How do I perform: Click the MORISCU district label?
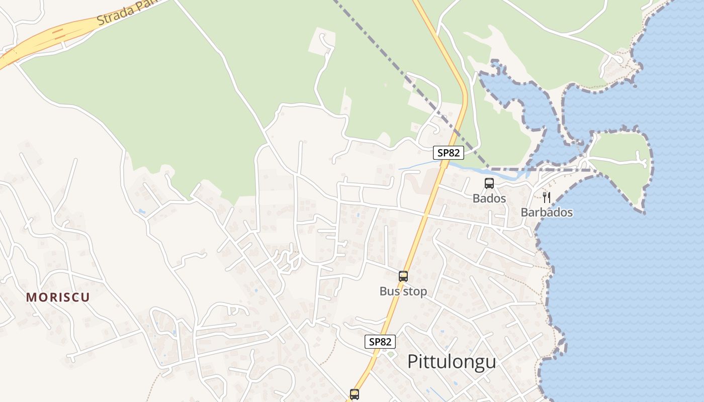(58, 297)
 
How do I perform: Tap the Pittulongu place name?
(451, 361)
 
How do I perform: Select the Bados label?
(489, 198)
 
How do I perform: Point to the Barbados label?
(546, 213)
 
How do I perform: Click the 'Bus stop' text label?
(403, 291)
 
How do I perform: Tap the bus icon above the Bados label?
(489, 183)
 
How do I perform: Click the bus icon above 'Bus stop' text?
(403, 276)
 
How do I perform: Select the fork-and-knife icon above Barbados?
(547, 197)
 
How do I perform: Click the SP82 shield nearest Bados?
(448, 153)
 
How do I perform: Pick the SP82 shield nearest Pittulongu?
(380, 342)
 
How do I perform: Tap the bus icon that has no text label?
(354, 394)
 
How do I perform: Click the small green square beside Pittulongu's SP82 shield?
(391, 355)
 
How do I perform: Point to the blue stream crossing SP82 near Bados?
(417, 164)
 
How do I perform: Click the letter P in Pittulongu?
(412, 361)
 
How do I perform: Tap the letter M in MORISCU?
(31, 297)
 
